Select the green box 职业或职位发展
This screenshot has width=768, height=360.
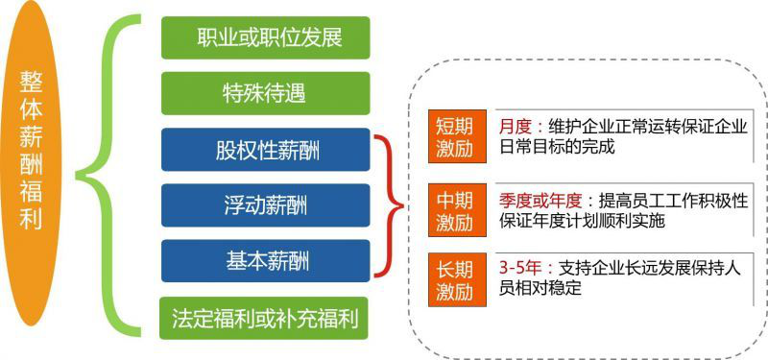[265, 38]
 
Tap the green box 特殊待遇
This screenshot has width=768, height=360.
[265, 94]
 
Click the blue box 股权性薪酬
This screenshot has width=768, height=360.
[265, 150]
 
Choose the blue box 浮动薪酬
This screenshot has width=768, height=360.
[265, 205]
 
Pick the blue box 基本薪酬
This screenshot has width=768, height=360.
[265, 260]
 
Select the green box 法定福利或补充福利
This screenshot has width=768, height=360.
[265, 317]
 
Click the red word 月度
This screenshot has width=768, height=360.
[515, 126]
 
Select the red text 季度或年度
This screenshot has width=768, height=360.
[540, 201]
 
